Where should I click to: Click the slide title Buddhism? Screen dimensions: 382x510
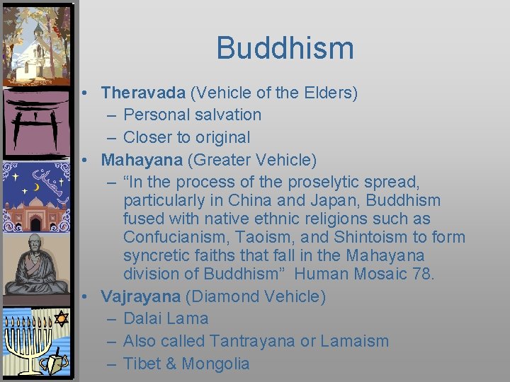tap(285, 48)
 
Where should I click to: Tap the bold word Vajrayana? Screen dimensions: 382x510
tap(141, 296)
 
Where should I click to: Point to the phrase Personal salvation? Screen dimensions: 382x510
tap(192, 115)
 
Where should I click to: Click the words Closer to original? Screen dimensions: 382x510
tap(186, 137)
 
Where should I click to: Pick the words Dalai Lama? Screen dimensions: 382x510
tap(166, 318)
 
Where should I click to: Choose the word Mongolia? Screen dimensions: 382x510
tap(216, 364)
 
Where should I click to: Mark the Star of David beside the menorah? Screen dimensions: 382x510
tap(61, 319)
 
